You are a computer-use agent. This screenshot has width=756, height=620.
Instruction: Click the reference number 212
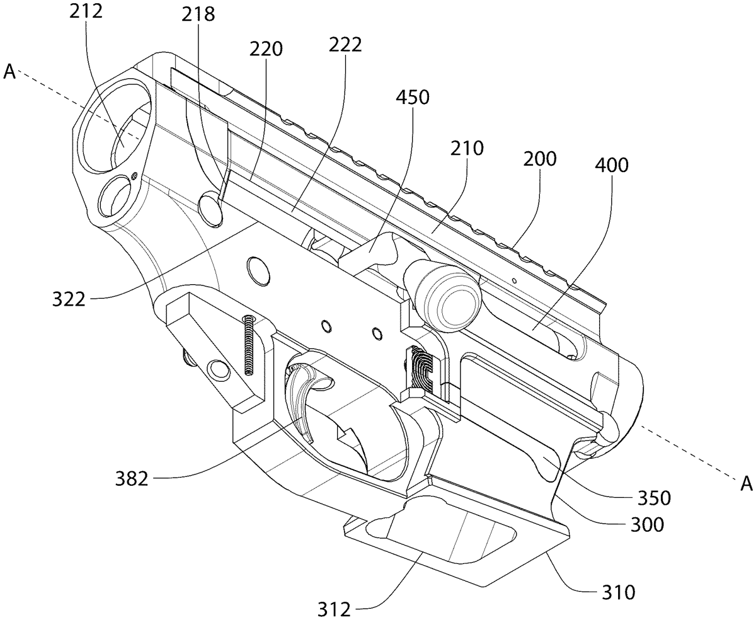pos(86,12)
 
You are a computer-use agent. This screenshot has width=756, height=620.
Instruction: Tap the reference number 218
pos(198,15)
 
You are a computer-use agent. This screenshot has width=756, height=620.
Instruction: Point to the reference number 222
pos(345,45)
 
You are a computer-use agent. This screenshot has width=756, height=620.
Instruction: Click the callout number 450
pos(413,97)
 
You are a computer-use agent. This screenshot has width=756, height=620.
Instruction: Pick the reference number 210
pos(467,148)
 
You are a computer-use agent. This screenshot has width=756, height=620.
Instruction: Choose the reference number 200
pos(540,159)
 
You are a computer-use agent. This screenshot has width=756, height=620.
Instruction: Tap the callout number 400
pos(612,165)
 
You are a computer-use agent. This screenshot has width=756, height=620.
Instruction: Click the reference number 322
pos(69,299)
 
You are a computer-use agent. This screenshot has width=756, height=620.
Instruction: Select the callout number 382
pos(132,478)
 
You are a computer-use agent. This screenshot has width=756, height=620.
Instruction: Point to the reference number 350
pos(654,498)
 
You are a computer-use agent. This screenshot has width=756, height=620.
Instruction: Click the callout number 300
pos(647,525)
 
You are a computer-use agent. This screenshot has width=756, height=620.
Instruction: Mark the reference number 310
pos(619,592)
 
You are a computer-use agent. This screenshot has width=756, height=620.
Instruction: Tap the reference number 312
pos(334,609)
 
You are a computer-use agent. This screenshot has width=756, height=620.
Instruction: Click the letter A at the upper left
pos(9,72)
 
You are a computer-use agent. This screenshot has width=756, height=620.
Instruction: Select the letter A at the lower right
pos(747,484)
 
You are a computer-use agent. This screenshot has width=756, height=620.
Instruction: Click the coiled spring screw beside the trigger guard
pos(249,345)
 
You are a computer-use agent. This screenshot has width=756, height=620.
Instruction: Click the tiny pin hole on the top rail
pos(515,280)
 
